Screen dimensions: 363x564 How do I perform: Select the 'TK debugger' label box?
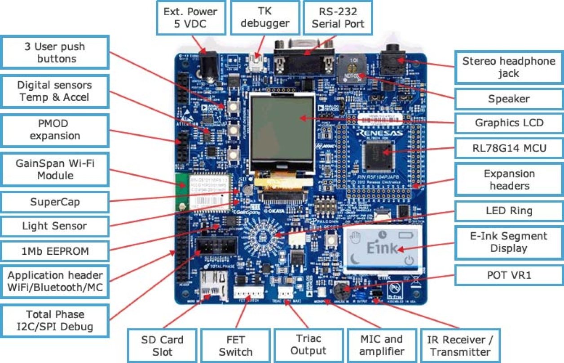tap(264, 18)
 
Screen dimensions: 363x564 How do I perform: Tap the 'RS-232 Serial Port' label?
tap(338, 18)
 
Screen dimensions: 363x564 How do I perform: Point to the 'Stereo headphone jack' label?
tap(508, 67)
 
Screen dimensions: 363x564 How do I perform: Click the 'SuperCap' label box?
tap(54, 202)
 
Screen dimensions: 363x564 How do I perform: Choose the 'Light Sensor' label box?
tap(54, 226)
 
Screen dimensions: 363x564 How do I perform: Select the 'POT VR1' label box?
tap(508, 274)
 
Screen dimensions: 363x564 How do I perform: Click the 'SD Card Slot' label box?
tap(162, 345)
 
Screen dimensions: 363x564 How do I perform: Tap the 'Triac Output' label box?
tap(308, 345)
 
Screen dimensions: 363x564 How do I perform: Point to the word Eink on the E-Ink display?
tap(382, 248)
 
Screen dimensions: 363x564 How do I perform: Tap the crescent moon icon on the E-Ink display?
tap(356, 259)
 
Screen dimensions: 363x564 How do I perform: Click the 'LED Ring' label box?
tap(508, 210)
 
